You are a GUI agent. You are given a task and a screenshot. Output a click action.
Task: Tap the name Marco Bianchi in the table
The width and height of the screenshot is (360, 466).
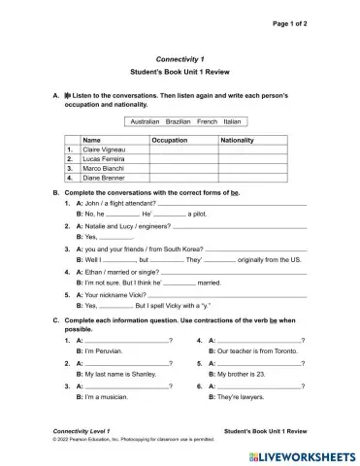pyautogui.click(x=105, y=169)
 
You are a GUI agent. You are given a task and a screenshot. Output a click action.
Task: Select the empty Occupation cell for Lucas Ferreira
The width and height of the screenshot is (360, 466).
pyautogui.click(x=183, y=159)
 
